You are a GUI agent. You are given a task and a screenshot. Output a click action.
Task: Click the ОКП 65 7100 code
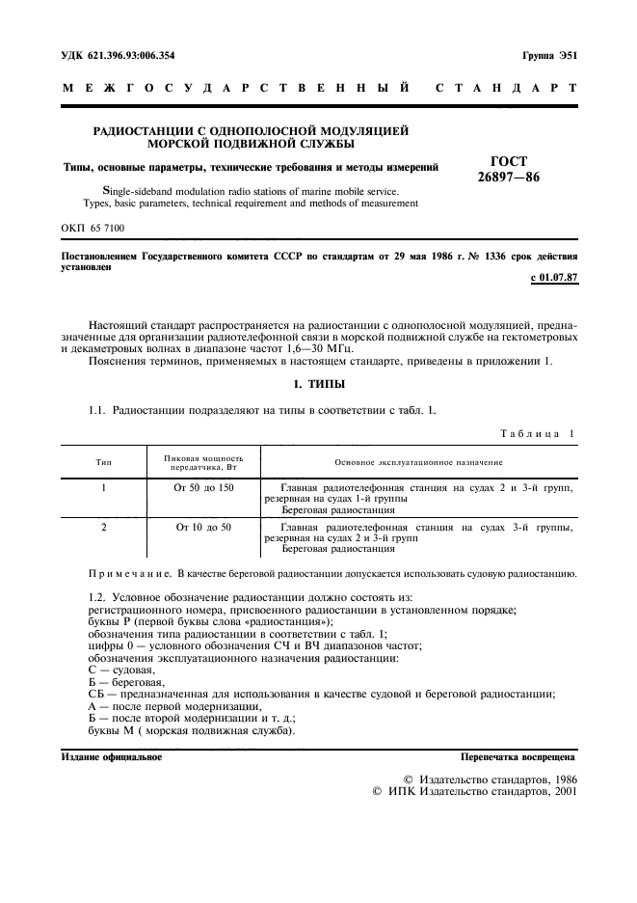tap(93, 228)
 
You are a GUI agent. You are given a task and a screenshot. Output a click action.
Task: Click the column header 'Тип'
tap(103, 463)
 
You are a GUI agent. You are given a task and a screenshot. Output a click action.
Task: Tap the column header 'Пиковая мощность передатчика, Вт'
tap(203, 463)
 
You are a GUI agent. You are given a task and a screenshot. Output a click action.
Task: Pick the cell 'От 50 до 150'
tap(203, 489)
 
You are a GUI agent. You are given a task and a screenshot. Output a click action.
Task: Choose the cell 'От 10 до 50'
tap(203, 528)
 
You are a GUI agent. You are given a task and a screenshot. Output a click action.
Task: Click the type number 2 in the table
tap(103, 528)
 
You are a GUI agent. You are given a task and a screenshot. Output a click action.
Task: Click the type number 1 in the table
tap(103, 489)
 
